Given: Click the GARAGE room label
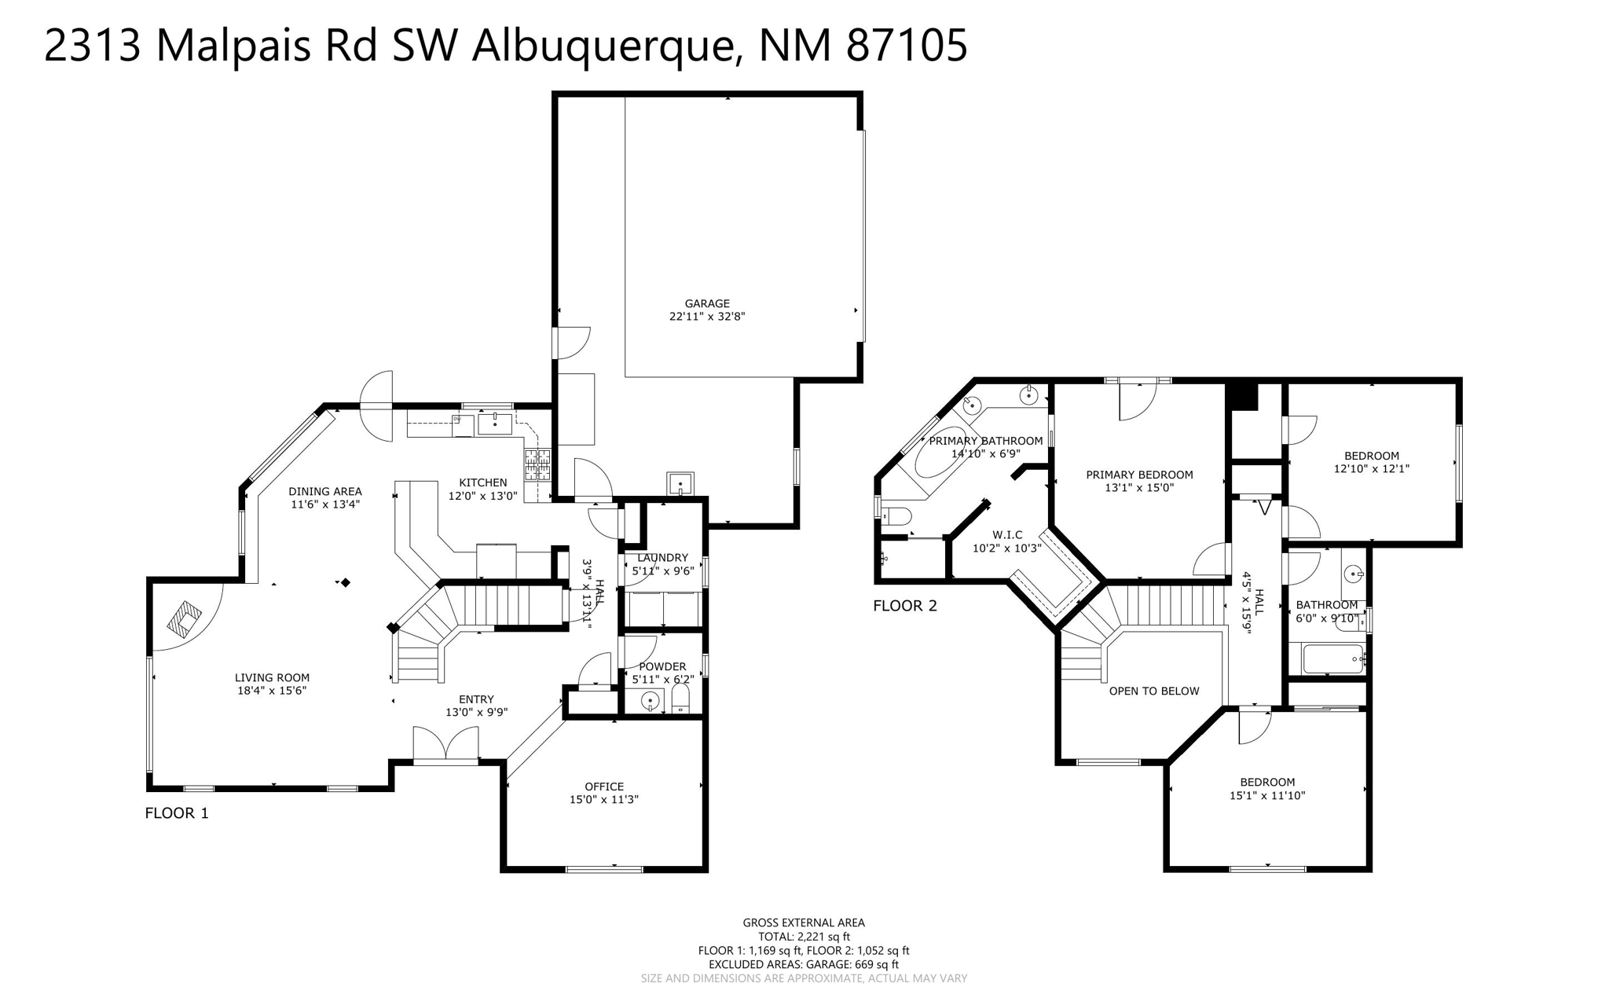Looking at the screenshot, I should (706, 303).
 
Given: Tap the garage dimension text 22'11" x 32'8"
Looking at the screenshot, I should (706, 317).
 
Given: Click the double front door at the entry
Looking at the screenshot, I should (445, 746).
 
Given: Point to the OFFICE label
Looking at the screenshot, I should (603, 787).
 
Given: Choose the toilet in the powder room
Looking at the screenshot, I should (680, 699).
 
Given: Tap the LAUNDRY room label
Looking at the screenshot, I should (662, 558).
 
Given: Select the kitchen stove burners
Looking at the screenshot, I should (537, 464).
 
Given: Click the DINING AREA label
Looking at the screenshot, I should (324, 492).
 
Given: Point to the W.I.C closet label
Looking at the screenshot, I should (1006, 535).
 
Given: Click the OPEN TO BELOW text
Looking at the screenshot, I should (1153, 691).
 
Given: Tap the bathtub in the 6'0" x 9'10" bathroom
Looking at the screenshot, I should (1333, 658).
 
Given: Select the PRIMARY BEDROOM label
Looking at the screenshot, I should (1138, 475).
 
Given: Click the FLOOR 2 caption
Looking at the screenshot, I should (905, 606).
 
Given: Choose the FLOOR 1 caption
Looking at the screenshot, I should (177, 813).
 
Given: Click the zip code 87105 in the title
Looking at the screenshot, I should (906, 45).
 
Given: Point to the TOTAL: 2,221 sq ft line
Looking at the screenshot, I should (804, 937).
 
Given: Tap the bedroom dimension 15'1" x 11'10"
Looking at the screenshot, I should (1266, 795).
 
